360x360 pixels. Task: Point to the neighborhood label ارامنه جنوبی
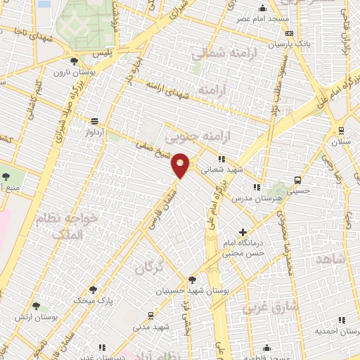pos(188,134)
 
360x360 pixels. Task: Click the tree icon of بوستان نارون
pos(74,60)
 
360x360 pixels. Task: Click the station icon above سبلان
pos(341,130)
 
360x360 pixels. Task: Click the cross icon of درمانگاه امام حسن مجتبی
pos(243,231)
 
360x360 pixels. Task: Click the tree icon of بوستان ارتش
pos(36,307)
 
